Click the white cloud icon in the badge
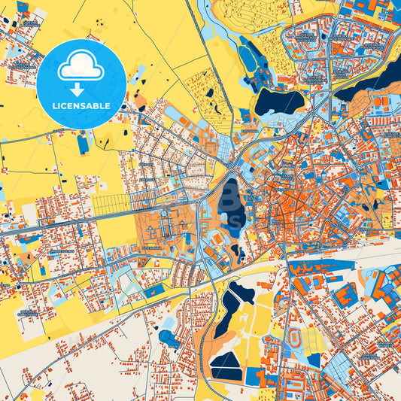pos(81,67)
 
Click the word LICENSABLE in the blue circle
pos(81,105)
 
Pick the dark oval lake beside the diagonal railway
pos(278,102)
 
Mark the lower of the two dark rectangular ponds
pos(226,372)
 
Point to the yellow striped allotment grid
pos(110,202)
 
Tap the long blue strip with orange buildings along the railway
pos(324,267)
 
